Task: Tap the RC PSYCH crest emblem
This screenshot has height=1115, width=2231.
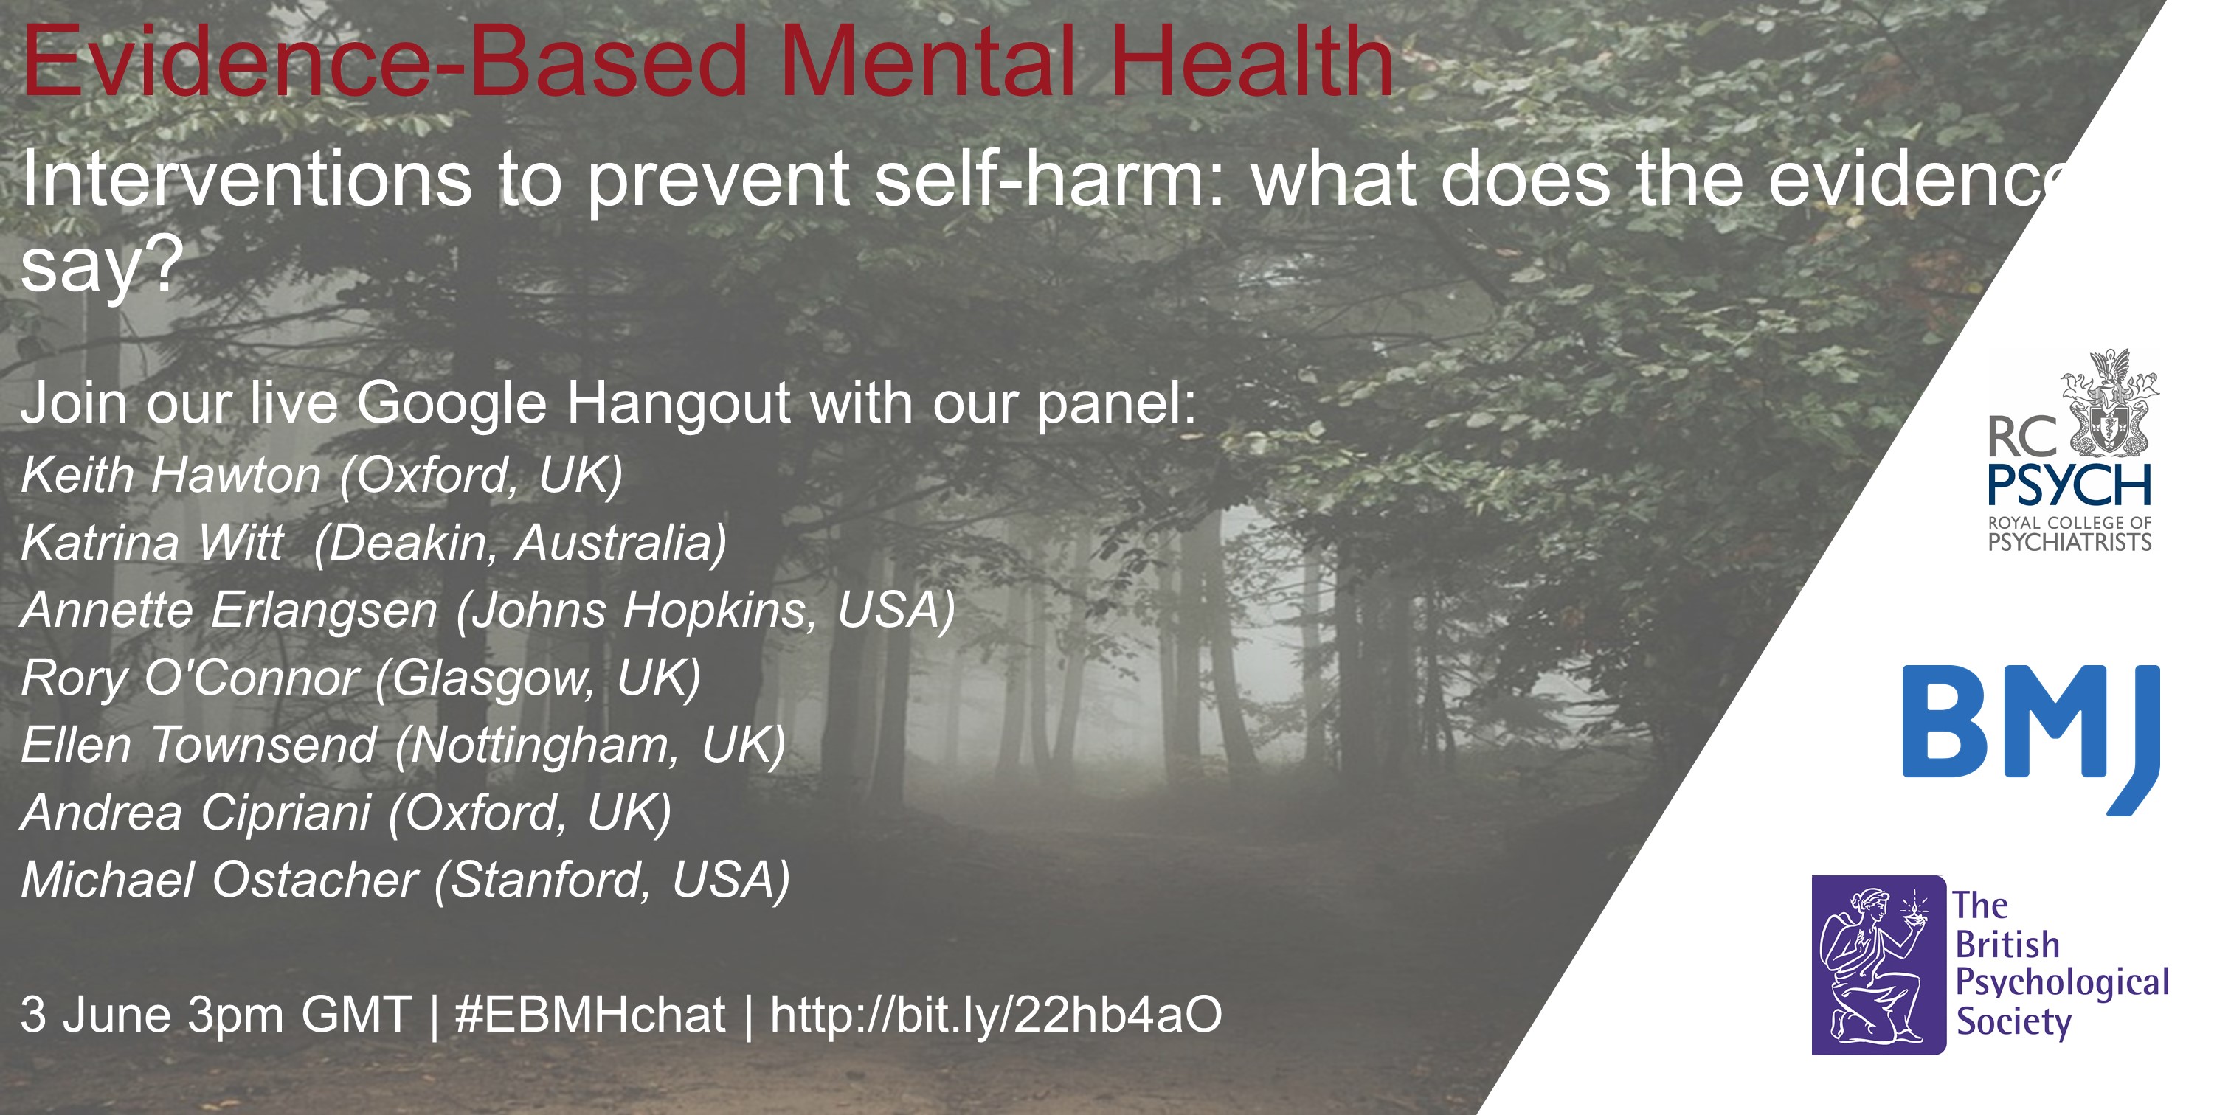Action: pos(2110,403)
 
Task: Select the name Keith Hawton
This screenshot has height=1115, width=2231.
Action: pos(170,475)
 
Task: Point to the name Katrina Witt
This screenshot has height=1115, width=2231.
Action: pos(151,543)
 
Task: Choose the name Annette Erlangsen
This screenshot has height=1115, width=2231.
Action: pos(229,611)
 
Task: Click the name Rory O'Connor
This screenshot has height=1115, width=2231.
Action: pos(190,678)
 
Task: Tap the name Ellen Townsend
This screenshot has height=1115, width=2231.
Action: pos(198,746)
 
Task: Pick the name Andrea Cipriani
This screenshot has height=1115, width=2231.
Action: pos(196,813)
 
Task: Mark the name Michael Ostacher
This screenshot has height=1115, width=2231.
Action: pos(220,880)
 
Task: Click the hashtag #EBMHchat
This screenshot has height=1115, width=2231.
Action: pos(589,1015)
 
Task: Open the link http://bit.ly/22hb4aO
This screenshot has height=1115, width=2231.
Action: pos(996,1015)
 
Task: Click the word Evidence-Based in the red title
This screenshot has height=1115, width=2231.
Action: pos(384,61)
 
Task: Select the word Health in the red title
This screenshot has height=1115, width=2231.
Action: pos(1252,61)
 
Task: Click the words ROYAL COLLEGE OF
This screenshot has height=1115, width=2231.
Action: pos(2069,522)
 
